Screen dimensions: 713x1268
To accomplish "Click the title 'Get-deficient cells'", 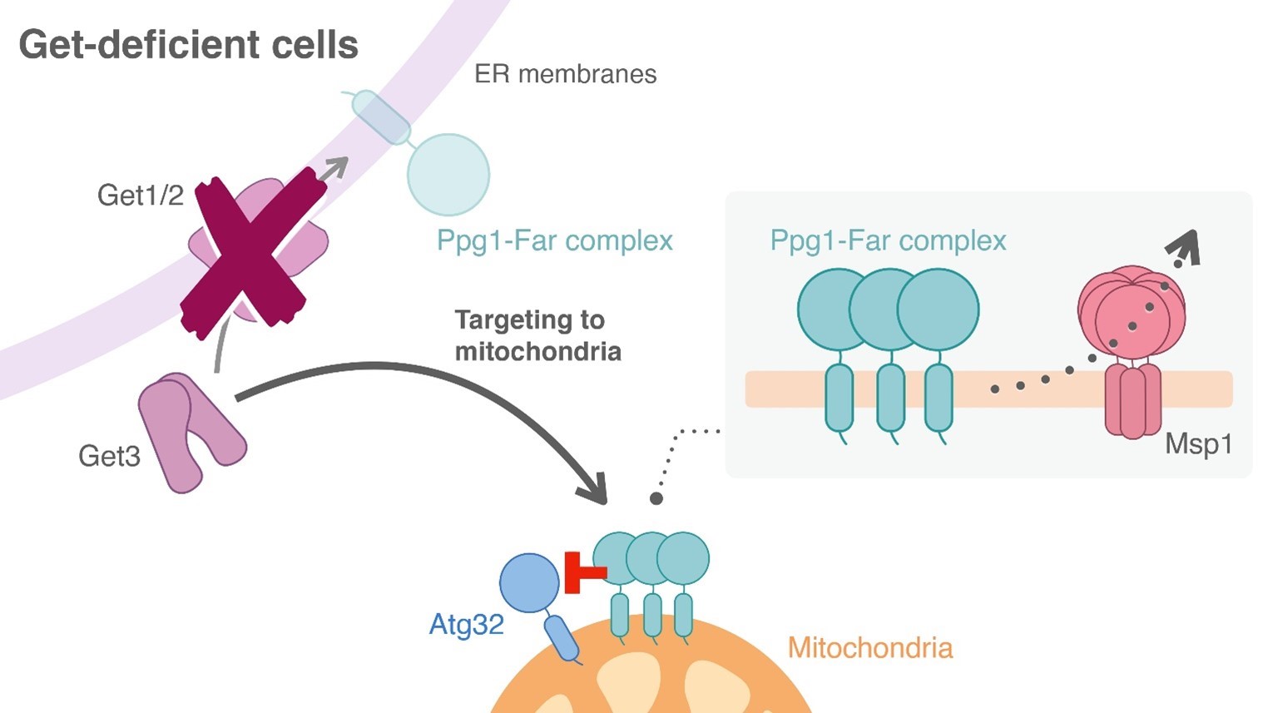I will coord(188,45).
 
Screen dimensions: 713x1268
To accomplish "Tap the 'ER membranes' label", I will coord(565,74).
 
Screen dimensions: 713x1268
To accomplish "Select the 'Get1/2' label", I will coord(140,195).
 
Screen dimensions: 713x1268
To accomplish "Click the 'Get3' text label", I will coord(109,456).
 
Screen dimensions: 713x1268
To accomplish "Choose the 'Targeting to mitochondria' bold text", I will coord(537,335).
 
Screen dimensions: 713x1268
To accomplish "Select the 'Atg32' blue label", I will coord(466,624).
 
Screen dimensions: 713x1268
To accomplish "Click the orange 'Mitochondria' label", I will coord(869,647).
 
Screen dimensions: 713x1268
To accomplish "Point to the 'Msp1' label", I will coord(1197,443).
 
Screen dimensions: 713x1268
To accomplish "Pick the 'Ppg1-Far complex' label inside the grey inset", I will coord(888,240).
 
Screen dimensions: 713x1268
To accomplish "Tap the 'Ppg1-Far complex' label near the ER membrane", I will coord(554,240).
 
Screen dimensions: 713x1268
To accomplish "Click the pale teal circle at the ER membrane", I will coord(448,175).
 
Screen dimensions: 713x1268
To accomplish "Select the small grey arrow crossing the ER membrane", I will coord(333,169).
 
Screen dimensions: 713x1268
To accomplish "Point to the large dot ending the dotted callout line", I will coord(656,498).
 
